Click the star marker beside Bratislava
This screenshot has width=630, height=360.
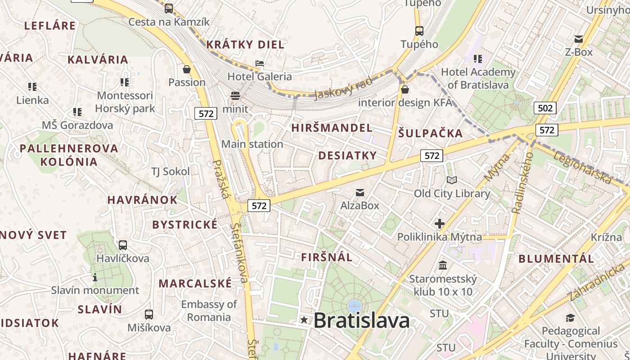coord(305,320)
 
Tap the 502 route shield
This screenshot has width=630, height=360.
coord(545,108)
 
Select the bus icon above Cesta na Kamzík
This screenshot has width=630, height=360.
coord(168,8)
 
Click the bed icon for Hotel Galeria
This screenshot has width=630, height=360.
coord(260,63)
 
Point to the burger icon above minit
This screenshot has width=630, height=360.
coord(235,95)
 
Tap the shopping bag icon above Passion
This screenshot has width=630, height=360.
coord(187,69)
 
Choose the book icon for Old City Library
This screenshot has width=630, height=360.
coord(452,180)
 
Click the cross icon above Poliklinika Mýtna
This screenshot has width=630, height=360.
coord(439,224)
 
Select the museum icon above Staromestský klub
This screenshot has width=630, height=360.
coord(443,265)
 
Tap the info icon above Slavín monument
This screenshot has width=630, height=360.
coord(95,277)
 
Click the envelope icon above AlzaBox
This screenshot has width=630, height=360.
coord(360,193)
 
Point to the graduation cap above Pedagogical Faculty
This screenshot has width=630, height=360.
coord(571,318)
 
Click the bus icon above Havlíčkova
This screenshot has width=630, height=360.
coord(122,245)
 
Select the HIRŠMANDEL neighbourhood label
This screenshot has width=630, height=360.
coord(332,128)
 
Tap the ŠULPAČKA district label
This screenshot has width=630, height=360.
coord(431,133)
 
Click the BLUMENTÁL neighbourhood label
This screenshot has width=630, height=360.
coord(556,259)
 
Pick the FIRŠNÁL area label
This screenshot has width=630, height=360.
coord(327,257)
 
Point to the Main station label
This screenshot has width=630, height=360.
coord(252,144)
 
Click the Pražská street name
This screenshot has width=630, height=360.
coord(220,179)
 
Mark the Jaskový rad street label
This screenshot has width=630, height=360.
coord(344,88)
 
